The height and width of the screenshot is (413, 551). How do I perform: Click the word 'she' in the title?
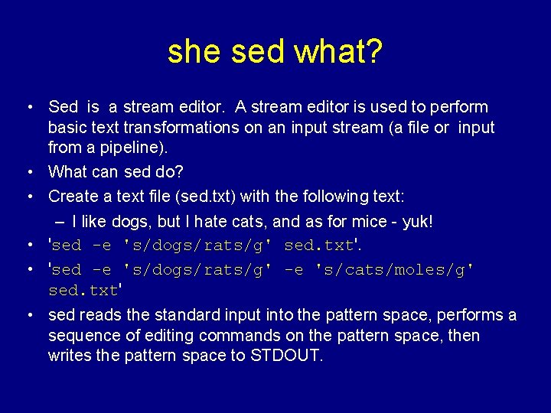click(x=194, y=52)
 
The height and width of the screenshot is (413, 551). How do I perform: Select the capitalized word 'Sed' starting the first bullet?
click(x=64, y=107)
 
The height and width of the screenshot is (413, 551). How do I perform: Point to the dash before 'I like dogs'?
click(x=61, y=222)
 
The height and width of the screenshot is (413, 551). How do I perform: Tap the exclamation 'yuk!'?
click(x=417, y=222)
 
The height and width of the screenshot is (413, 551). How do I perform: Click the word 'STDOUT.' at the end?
click(x=288, y=356)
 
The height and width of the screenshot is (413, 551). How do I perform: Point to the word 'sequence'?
click(x=80, y=336)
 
